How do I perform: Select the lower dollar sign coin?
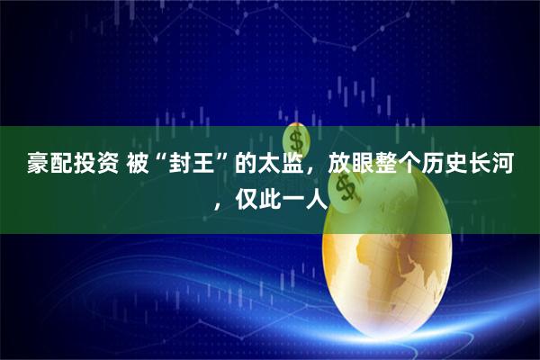click(x=345, y=186)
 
